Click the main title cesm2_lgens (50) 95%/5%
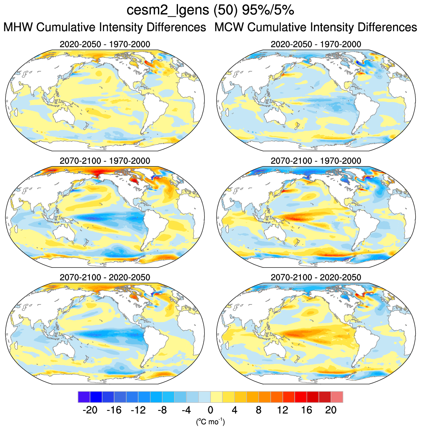coord(210,10)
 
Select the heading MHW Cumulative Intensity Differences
coord(105,28)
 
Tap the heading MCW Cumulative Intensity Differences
coord(316,28)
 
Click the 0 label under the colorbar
coord(210,410)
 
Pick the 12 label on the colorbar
coord(282,410)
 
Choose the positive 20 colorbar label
coord(331,410)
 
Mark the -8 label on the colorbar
coord(162,410)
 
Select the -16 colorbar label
coord(114,410)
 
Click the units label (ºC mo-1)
coord(210,422)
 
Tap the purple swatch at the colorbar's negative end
coord(84,397)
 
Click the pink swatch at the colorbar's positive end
coord(337,397)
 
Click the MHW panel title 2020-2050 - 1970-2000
coord(105,44)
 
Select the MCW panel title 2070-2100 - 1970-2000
coord(316,161)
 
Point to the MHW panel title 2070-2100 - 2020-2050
coord(105,277)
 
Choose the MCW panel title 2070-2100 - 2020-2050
coord(316,277)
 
